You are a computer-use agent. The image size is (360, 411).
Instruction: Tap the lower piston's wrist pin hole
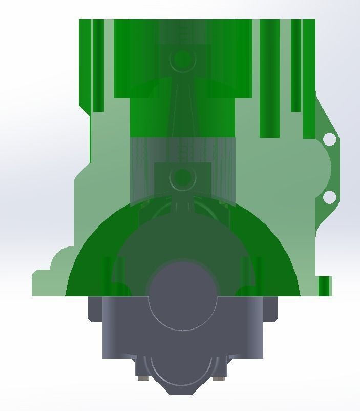[x=182, y=178]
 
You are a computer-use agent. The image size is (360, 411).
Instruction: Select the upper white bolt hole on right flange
[x=330, y=139]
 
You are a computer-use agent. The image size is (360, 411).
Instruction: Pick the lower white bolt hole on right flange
[x=330, y=197]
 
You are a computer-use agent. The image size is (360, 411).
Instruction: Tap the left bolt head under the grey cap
[x=141, y=379]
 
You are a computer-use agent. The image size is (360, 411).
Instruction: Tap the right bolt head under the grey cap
[x=219, y=379]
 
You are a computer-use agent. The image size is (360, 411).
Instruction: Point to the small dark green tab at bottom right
[x=325, y=286]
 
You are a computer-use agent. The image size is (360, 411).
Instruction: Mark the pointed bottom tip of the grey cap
[x=182, y=392]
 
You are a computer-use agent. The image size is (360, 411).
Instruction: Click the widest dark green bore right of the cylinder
[x=269, y=77]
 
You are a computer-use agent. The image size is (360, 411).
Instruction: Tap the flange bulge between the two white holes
[x=325, y=168]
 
